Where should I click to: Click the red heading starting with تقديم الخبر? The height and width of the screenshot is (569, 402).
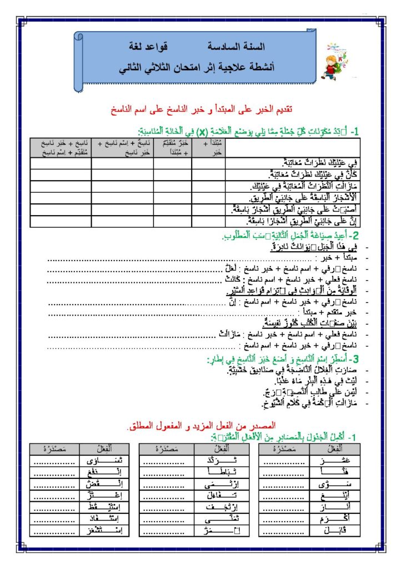coord(202,109)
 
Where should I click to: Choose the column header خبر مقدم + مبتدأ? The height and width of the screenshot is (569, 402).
coord(173,148)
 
